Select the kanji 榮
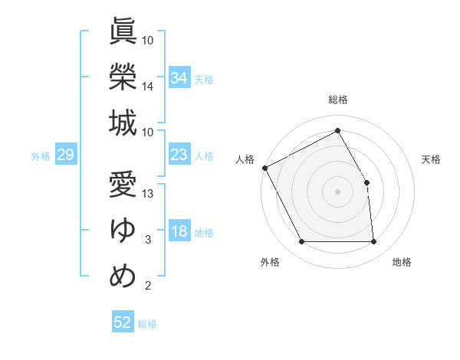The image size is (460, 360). (x=123, y=77)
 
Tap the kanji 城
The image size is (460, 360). (x=123, y=123)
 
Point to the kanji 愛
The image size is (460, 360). (x=123, y=185)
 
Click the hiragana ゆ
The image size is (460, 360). (x=123, y=231)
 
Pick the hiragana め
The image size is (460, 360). (x=123, y=277)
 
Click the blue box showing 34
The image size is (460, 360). (x=179, y=77)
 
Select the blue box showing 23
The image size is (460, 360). (x=179, y=155)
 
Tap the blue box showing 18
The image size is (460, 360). (x=179, y=232)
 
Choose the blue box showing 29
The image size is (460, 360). (x=65, y=155)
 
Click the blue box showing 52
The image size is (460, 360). (x=123, y=322)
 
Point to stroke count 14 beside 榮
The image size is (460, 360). (x=148, y=87)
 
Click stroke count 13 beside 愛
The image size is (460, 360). (x=148, y=194)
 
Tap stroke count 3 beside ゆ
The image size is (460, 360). (x=148, y=241)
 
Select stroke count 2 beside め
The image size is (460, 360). (x=148, y=286)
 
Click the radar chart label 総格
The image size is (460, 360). (x=338, y=100)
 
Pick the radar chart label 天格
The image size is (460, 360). (x=432, y=159)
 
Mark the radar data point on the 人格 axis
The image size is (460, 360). (x=264, y=168)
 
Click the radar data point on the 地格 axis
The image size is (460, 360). (x=374, y=242)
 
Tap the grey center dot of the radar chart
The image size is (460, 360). (x=337, y=191)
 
